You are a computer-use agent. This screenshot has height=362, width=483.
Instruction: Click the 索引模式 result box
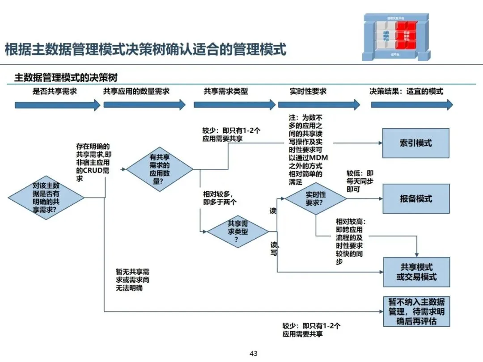(x=415, y=143)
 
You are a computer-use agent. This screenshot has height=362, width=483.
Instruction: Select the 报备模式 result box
(x=415, y=199)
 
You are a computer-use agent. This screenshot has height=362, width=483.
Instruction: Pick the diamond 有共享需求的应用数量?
(x=160, y=169)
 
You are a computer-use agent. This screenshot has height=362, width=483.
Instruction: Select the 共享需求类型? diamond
(x=237, y=232)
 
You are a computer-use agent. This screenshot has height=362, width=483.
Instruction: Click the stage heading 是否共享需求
(x=55, y=91)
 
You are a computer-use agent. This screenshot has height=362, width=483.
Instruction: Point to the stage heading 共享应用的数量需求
(x=136, y=91)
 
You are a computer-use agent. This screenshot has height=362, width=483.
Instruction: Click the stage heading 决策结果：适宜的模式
(x=406, y=91)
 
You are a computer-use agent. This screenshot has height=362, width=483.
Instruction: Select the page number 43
(x=254, y=354)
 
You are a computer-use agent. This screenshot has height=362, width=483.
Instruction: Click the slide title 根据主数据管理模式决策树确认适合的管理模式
(x=145, y=49)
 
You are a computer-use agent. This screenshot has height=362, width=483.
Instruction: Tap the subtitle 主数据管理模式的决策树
(x=66, y=78)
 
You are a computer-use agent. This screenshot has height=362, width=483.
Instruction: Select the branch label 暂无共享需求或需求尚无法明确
(x=132, y=279)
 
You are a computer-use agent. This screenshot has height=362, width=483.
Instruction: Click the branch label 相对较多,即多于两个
(x=220, y=198)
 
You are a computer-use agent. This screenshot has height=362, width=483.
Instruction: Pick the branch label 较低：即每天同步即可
(x=360, y=181)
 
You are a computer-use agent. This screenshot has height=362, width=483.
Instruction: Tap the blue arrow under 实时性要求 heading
(x=319, y=105)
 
